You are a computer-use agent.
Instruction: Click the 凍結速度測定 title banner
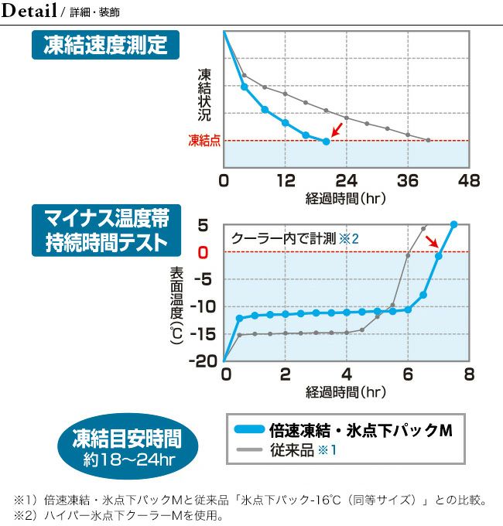pyautogui.click(x=105, y=46)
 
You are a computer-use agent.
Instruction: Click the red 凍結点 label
pyautogui.click(x=204, y=140)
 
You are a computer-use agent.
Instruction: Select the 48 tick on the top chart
pyautogui.click(x=469, y=181)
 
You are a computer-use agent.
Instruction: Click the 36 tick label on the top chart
pyautogui.click(x=408, y=181)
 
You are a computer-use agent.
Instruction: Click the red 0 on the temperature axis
pyautogui.click(x=204, y=252)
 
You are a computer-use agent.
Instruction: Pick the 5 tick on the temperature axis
pyautogui.click(x=204, y=225)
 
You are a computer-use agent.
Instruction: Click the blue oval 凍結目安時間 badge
pyautogui.click(x=126, y=446)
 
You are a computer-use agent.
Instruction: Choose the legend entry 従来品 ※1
pyautogui.click(x=302, y=449)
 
